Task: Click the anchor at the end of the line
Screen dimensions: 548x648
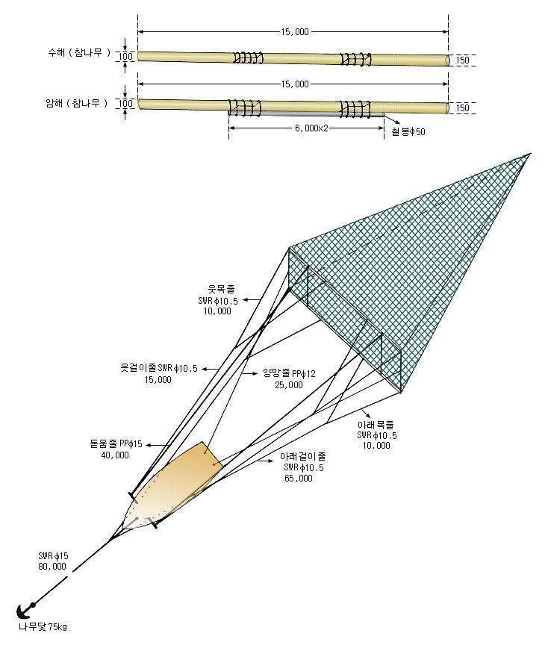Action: [25, 610]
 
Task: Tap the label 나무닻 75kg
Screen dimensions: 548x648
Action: [43, 627]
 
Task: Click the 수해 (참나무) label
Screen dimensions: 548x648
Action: [79, 52]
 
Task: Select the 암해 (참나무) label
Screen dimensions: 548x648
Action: [76, 103]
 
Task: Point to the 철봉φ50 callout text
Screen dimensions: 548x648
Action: [408, 132]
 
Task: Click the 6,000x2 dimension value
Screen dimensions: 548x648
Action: [311, 128]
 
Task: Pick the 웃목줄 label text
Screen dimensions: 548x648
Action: [221, 290]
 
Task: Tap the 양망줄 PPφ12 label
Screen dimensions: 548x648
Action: [289, 373]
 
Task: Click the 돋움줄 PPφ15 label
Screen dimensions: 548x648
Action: [116, 444]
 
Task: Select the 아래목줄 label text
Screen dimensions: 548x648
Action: [376, 425]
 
